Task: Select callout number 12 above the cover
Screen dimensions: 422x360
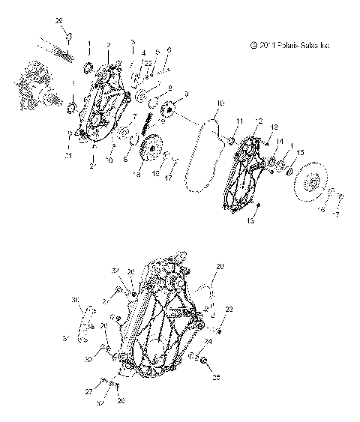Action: (259, 120)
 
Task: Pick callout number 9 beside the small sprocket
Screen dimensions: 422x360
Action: (185, 94)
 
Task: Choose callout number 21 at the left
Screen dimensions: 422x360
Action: (68, 155)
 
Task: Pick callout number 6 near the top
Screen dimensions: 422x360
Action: (169, 49)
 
